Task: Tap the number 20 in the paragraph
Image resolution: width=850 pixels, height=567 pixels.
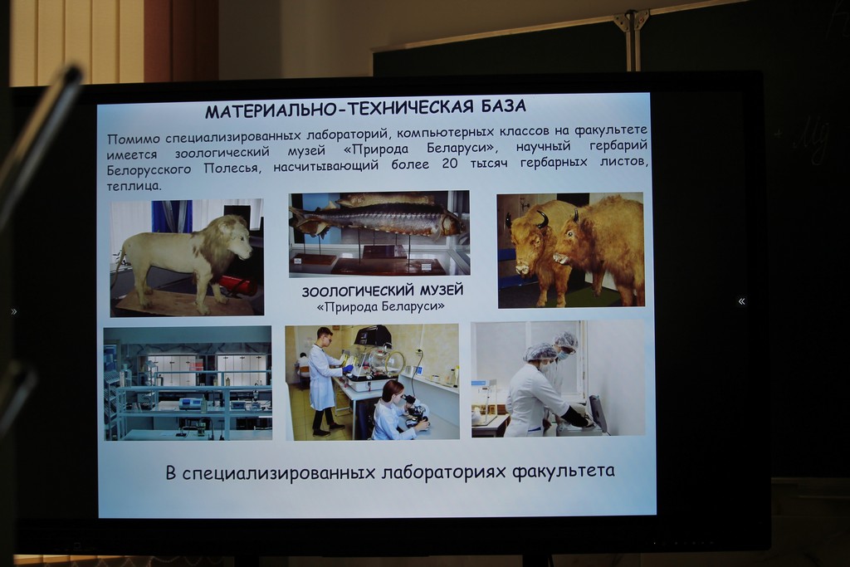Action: [450, 164]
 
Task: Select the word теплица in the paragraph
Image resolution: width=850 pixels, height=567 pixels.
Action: [134, 185]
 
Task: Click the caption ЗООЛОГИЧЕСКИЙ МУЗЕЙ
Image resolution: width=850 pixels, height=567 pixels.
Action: [383, 291]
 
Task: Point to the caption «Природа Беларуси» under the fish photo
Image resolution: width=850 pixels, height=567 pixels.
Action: [380, 307]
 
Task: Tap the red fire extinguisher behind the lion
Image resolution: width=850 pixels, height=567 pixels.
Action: [238, 286]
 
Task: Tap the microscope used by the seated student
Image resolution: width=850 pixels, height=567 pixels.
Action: [416, 411]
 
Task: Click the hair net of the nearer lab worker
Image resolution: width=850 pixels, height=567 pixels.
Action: [540, 353]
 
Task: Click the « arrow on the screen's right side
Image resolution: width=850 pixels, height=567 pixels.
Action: [741, 301]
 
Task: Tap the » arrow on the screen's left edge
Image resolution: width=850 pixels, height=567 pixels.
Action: [14, 311]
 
